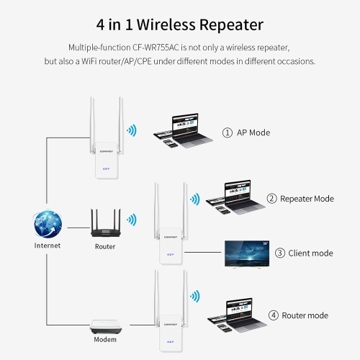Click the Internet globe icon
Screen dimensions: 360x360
click(48, 223)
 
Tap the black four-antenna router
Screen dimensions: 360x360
click(106, 223)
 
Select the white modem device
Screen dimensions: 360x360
click(106, 326)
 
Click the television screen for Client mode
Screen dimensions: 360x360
click(247, 254)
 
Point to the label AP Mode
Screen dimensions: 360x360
click(253, 132)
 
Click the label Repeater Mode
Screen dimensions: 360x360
click(307, 199)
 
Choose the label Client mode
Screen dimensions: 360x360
click(310, 253)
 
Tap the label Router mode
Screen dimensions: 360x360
click(305, 315)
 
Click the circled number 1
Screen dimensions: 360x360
click(228, 132)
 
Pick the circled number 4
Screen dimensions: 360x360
click(274, 315)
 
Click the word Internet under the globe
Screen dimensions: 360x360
click(48, 246)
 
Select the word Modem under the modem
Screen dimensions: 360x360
click(105, 340)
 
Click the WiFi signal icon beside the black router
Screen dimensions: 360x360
click(132, 220)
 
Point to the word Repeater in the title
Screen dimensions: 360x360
click(231, 25)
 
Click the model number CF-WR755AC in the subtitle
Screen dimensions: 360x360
click(156, 48)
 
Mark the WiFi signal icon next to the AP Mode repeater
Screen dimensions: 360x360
click(132, 130)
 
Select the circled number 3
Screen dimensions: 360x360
click(280, 253)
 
